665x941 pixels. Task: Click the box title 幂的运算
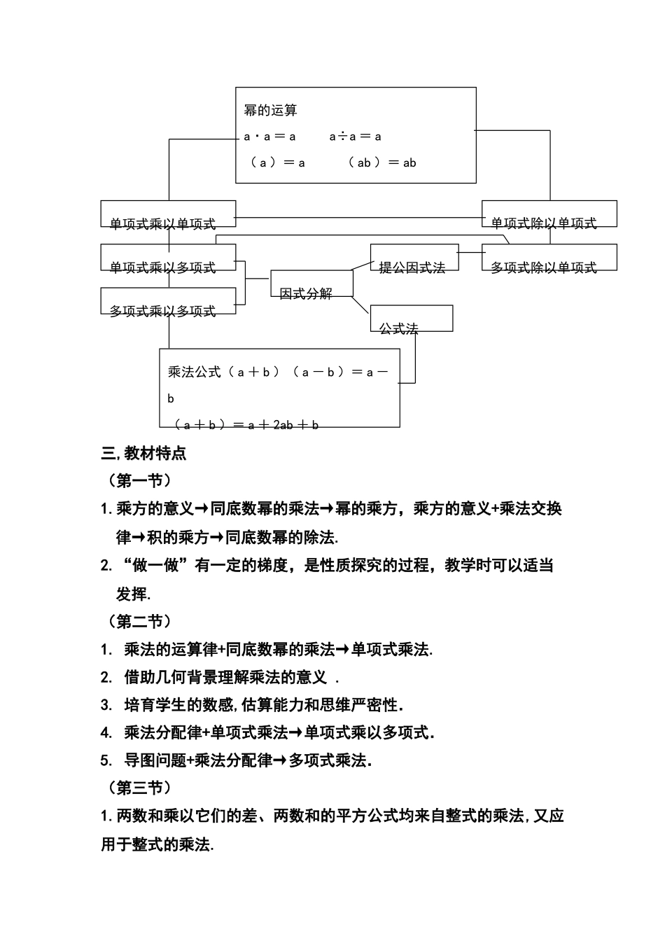point(270,111)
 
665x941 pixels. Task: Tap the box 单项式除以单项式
point(549,214)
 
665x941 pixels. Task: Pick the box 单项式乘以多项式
point(168,258)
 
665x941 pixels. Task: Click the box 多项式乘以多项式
point(168,302)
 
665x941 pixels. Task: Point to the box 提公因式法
point(414,258)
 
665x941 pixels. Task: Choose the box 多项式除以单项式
point(549,258)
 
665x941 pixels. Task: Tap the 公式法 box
point(411,319)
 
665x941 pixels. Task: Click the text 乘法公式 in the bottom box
point(194,372)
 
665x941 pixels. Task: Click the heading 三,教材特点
point(144,454)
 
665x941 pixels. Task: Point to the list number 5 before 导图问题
point(106,761)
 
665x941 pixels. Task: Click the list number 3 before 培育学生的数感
point(106,705)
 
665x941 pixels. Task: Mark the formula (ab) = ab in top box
point(382,163)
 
